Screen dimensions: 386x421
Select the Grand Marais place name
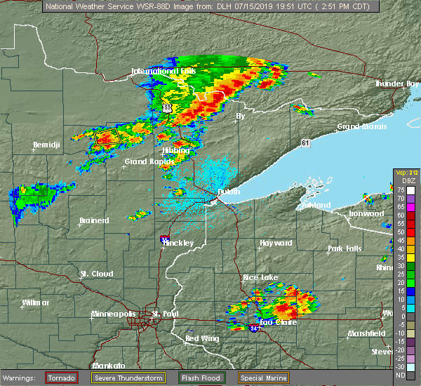coord(359,127)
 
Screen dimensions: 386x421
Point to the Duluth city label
coord(228,192)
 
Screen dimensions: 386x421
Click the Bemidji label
coord(46,145)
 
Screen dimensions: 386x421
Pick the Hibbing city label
coord(175,150)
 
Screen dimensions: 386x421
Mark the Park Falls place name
coord(345,249)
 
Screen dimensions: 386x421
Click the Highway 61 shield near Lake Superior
coord(305,142)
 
